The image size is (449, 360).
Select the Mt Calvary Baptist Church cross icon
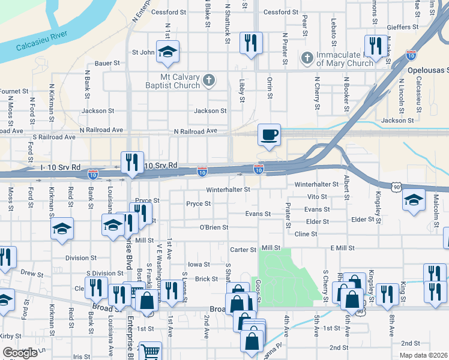tap(209, 80)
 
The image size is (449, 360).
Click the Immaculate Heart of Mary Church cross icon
tap(307, 58)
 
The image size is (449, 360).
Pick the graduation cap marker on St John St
tap(167, 51)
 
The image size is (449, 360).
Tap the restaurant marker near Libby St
tap(250, 43)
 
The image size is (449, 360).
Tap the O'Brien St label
tap(214, 227)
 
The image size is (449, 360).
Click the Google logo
tap(20, 353)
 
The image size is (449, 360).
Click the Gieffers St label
tap(403, 27)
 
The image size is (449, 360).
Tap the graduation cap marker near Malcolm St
tap(414, 199)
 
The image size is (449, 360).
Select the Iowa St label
tap(199, 264)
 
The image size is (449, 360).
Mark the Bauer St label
tap(109, 63)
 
